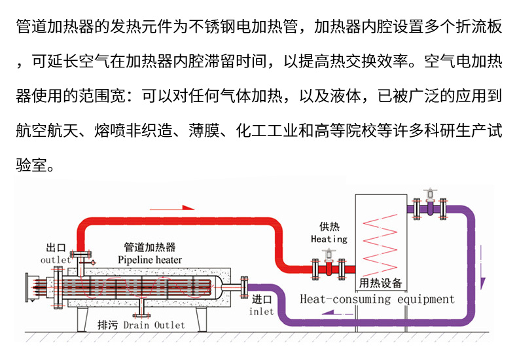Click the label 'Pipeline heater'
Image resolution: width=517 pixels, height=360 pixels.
[x=150, y=260]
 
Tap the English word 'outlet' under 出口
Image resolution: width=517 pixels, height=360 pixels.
[x=55, y=260]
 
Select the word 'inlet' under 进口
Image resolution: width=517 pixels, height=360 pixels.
[x=261, y=311]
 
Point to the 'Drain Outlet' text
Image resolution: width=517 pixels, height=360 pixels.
[x=154, y=325]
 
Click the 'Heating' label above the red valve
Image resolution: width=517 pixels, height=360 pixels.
[x=329, y=240]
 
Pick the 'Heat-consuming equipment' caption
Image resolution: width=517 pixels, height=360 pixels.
[x=376, y=299]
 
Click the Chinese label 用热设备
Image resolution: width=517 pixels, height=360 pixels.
[x=381, y=283]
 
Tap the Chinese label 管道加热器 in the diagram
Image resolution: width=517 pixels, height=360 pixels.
[x=150, y=247]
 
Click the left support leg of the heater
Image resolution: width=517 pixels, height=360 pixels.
[x=84, y=319]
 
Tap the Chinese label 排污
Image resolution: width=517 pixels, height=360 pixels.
[x=107, y=325]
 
